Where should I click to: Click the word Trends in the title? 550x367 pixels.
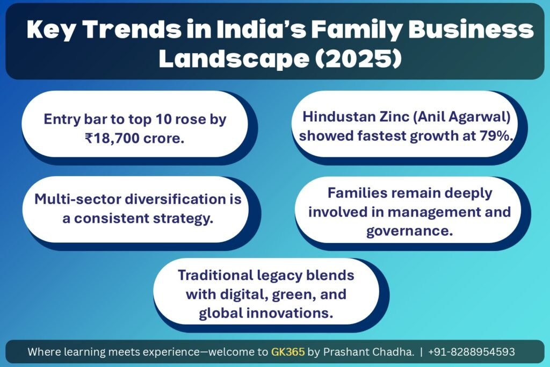pos(133,30)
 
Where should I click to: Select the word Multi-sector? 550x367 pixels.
pos(78,199)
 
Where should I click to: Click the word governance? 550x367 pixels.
pos(410,231)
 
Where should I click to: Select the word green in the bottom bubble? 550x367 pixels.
pos(294,294)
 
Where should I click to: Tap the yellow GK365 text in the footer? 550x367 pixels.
pos(288,351)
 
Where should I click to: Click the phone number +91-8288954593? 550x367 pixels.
pos(472,351)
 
